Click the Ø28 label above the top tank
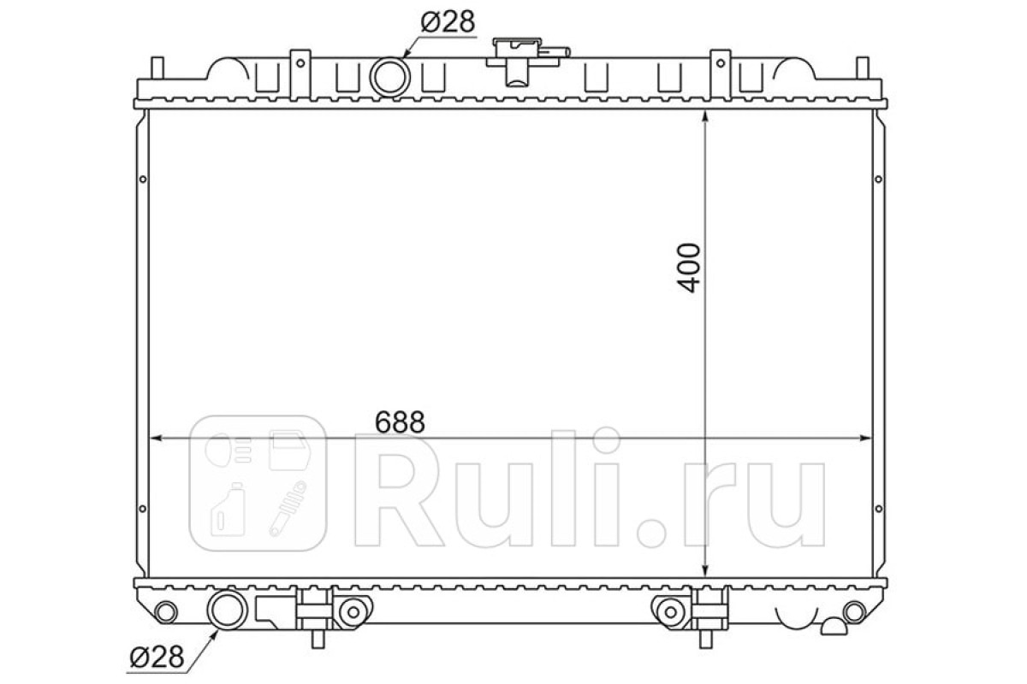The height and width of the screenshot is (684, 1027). coord(448,22)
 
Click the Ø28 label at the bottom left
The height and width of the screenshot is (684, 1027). coord(157,657)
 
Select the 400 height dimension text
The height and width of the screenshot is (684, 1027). coord(689,268)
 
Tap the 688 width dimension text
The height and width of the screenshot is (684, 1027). coord(400,422)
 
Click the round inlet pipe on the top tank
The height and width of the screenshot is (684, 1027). coord(389,77)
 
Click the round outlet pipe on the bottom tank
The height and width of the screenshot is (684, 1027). coord(228,610)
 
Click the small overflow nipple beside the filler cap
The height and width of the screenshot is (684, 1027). coord(555,52)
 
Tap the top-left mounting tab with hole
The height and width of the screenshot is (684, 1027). coord(300,74)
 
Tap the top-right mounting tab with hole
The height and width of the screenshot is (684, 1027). coord(721,74)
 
